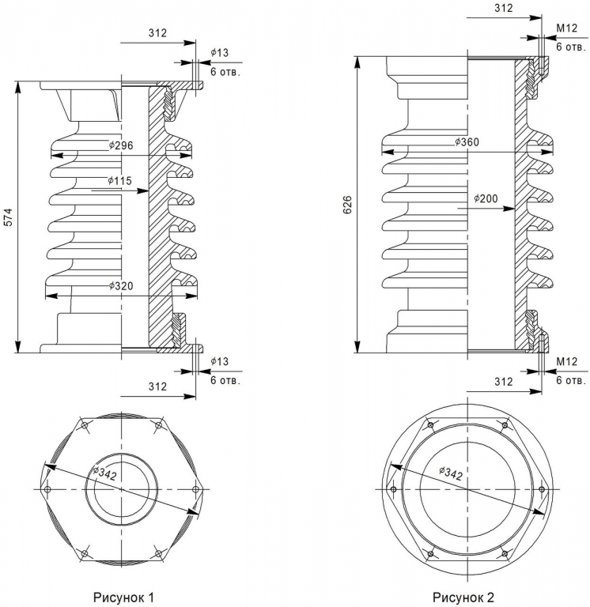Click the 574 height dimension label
click(8, 217)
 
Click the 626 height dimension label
click(347, 205)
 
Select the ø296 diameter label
click(121, 145)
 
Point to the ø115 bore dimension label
click(119, 181)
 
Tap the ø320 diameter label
click(121, 286)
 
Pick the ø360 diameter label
click(467, 142)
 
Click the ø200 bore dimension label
click(486, 198)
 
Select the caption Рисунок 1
click(123, 598)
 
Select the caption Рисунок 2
click(463, 598)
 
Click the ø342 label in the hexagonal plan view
click(104, 473)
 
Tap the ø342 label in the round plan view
click(451, 473)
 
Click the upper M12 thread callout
click(567, 28)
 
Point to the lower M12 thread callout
click(567, 361)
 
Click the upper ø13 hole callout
click(220, 53)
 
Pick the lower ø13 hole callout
click(220, 361)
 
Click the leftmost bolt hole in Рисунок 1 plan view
click(47, 490)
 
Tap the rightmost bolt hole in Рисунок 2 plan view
click(542, 490)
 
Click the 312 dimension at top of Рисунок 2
click(504, 8)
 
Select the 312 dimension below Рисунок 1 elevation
click(157, 386)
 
